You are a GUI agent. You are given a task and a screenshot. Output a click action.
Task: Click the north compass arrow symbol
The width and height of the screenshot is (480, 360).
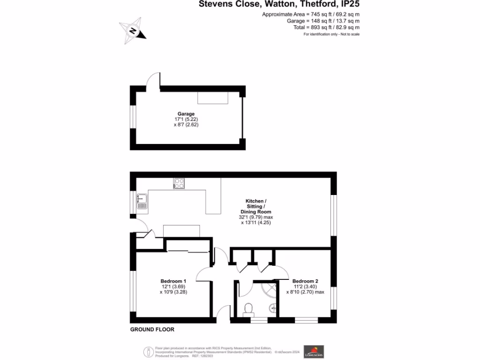pyautogui.click(x=133, y=30)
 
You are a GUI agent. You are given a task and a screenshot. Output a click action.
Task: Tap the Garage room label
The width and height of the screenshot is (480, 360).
pyautogui.click(x=186, y=113)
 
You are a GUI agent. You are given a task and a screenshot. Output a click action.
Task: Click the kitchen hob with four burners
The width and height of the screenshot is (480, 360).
pyautogui.click(x=179, y=183)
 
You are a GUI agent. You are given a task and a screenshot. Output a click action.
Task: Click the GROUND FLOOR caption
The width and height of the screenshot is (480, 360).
pyautogui.click(x=152, y=330)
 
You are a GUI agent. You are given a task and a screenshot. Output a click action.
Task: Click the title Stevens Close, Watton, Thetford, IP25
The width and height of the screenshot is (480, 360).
pyautogui.click(x=279, y=4)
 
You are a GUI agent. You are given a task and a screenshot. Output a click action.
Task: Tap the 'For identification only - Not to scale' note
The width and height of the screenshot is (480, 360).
pyautogui.click(x=331, y=35)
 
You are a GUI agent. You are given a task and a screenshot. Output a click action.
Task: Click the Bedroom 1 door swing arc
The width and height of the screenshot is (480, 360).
pyautogui.click(x=205, y=273)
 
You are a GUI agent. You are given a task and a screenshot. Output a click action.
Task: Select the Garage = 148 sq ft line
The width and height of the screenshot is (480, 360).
pyautogui.click(x=323, y=21)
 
